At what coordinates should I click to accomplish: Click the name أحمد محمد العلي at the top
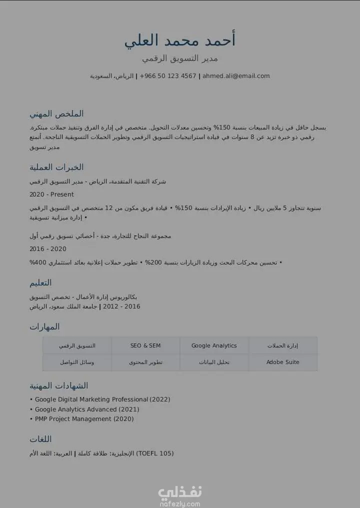point(180,40)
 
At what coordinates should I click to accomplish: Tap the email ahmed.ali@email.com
point(236,76)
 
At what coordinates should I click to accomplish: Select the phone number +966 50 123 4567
point(168,76)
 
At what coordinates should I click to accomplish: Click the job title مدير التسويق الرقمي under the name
point(180,58)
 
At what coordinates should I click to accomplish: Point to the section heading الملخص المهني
point(56,113)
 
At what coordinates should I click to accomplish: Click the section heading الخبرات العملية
point(56,167)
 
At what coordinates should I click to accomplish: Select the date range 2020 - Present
point(51,194)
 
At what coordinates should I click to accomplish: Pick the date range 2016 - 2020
point(48,249)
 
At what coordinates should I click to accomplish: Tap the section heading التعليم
point(40,283)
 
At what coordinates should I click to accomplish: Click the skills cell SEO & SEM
point(145,345)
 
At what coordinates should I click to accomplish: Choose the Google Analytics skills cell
point(214,345)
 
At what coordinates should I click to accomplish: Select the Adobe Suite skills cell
point(283,362)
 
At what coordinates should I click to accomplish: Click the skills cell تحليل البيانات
point(214,362)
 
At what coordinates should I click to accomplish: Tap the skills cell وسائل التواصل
point(77,362)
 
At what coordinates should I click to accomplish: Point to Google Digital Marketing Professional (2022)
point(102,399)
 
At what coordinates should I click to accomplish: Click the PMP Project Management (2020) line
point(84,419)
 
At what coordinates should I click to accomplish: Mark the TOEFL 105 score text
point(155,453)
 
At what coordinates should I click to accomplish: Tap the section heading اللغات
point(40,439)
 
